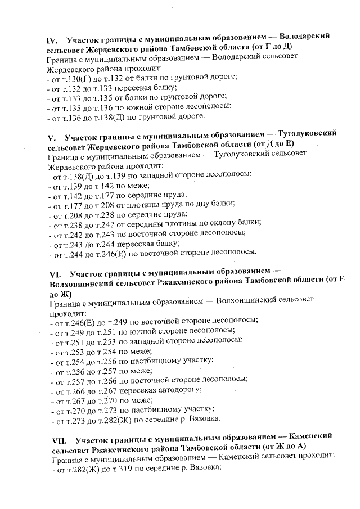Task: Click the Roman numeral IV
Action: pos(53,40)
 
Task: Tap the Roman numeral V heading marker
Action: pos(52,137)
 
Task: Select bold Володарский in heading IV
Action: pos(304,40)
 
